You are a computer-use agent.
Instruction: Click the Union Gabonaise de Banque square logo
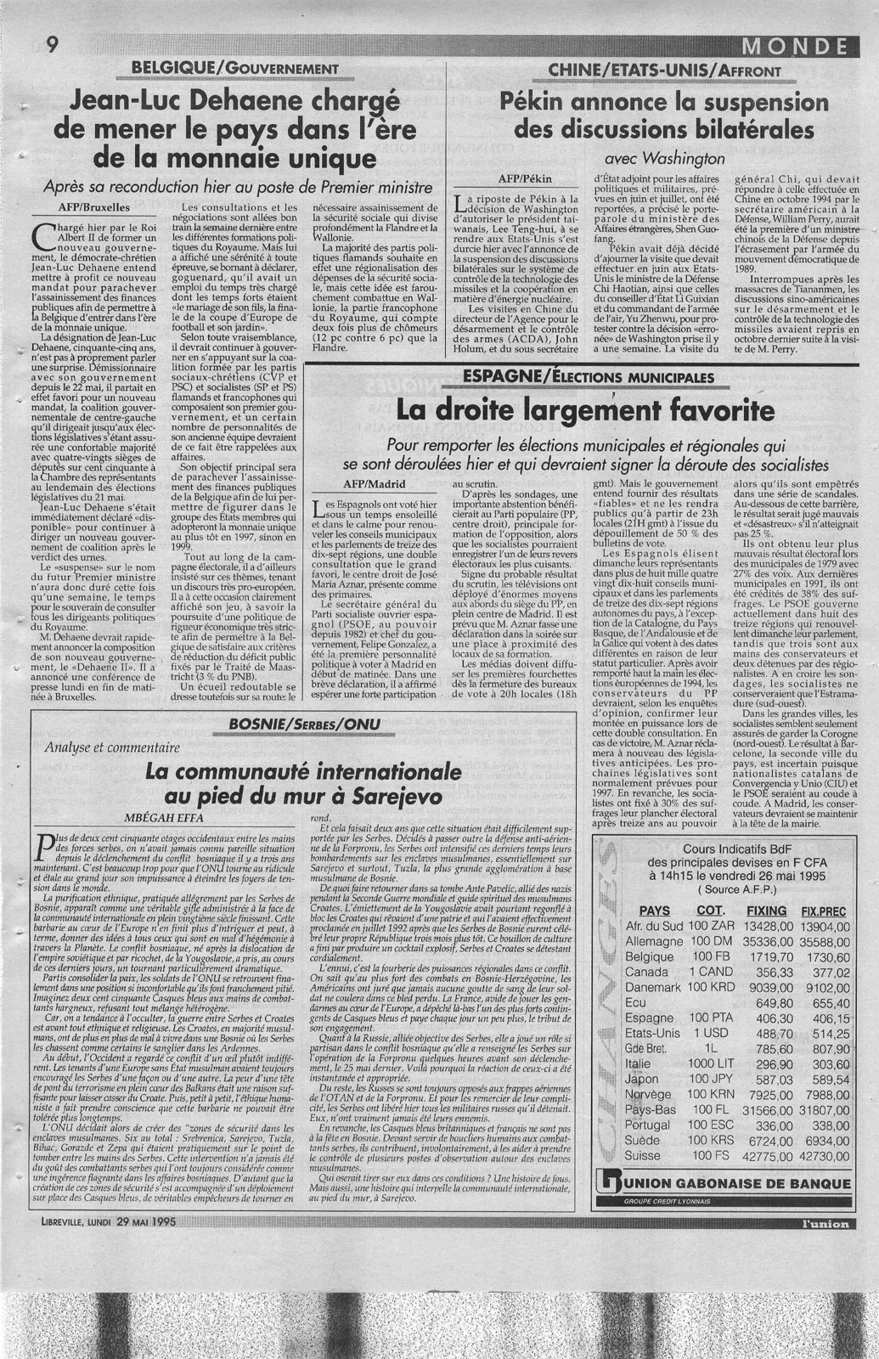605,1182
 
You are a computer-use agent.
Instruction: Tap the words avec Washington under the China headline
665,157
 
